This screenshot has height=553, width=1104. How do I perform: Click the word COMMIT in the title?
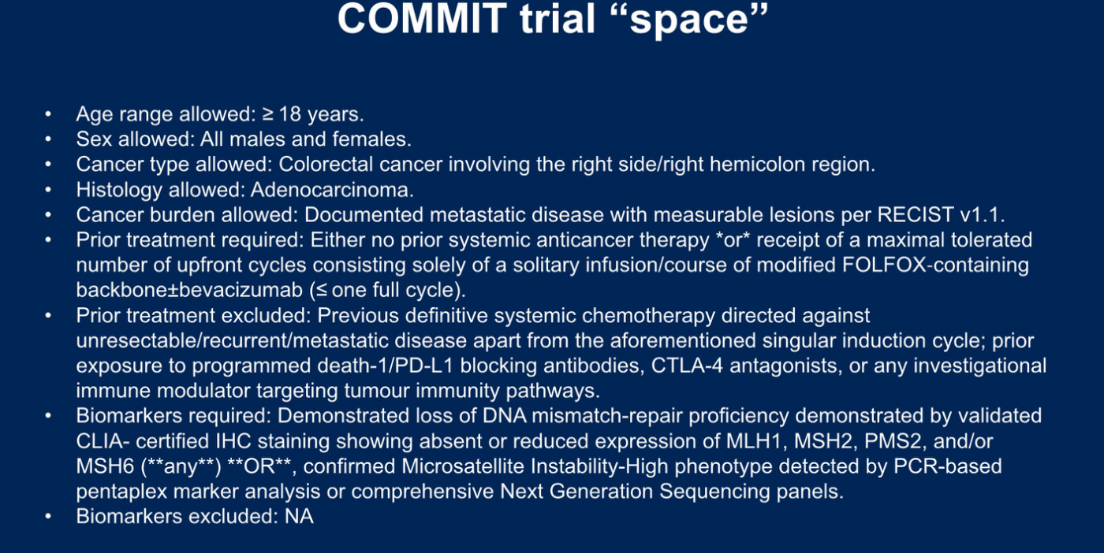point(423,19)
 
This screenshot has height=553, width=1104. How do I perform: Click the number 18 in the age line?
point(290,114)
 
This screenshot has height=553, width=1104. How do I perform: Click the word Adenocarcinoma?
point(332,190)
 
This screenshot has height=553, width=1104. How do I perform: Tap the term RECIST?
point(916,215)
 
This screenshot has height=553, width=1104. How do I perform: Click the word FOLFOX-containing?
point(935,265)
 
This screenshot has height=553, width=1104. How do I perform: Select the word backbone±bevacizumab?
point(189,290)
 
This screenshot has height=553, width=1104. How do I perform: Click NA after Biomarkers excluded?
point(299,517)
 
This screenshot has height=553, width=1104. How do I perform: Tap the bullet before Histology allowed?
point(48,190)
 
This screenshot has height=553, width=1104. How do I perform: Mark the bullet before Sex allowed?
point(48,139)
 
